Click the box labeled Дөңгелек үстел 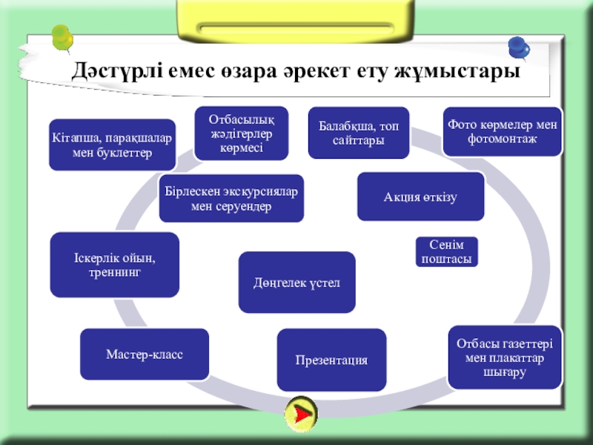pos(296,282)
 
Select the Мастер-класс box pos(145,355)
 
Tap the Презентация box pos(331,360)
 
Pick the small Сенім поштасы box pos(445,252)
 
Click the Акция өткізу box pos(420,197)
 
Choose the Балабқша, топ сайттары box pos(359,133)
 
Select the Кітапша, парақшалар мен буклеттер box pos(112,145)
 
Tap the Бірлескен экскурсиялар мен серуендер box pos(231,198)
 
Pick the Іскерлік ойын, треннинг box pos(114,265)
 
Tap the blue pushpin pos(519,48)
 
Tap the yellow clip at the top pos(296,22)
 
